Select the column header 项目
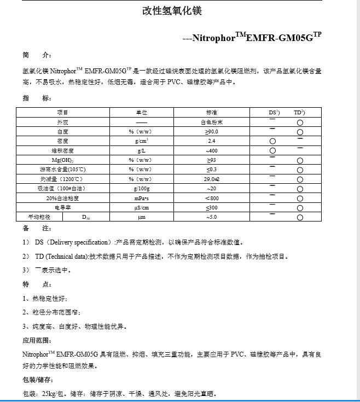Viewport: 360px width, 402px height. [x=63, y=112]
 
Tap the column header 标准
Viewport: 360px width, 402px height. [x=212, y=112]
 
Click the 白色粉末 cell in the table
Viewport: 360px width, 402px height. [x=212, y=123]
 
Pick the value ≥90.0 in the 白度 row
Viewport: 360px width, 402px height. [x=212, y=132]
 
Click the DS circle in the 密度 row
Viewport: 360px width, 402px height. [x=272, y=142]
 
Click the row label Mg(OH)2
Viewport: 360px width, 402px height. [x=63, y=160]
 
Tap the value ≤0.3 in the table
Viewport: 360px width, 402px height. [x=212, y=170]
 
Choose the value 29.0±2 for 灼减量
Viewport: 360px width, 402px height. [x=212, y=179]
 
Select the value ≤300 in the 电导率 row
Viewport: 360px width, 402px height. [x=212, y=208]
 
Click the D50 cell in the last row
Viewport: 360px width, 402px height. [x=86, y=217]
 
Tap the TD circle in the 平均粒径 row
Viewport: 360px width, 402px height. [x=300, y=218]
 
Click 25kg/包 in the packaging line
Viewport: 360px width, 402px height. [x=53, y=393]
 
